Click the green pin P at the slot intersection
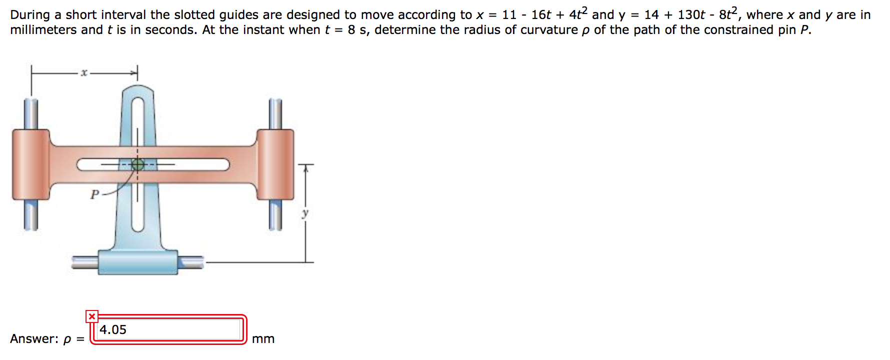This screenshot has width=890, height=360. coord(137,164)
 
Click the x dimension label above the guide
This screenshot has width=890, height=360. coord(84,73)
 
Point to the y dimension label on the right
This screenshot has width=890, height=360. coord(305,213)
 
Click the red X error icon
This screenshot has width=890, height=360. coord(92,316)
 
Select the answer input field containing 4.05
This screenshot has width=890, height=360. coord(169,329)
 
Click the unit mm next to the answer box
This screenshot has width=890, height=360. coord(263,339)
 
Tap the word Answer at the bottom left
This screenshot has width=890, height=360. coord(33,339)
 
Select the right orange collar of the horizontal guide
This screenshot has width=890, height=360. coord(275,164)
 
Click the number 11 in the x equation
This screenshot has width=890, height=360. coord(509,15)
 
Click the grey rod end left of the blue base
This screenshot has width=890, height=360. coord(84,262)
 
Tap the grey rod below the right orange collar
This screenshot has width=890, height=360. coord(275,215)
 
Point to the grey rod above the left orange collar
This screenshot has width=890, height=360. coord(31,114)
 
